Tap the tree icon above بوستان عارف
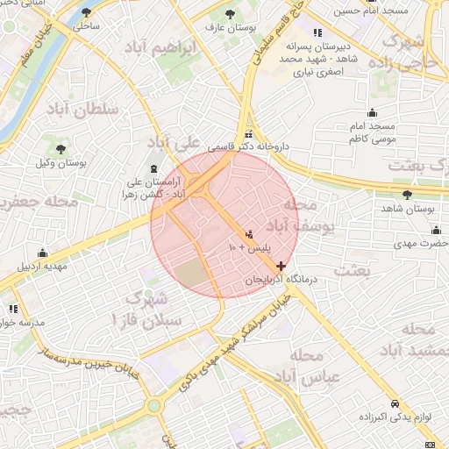click(230, 14)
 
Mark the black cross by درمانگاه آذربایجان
click(280, 265)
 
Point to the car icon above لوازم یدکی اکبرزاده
click(396, 403)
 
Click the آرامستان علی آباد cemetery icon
click(155, 168)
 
